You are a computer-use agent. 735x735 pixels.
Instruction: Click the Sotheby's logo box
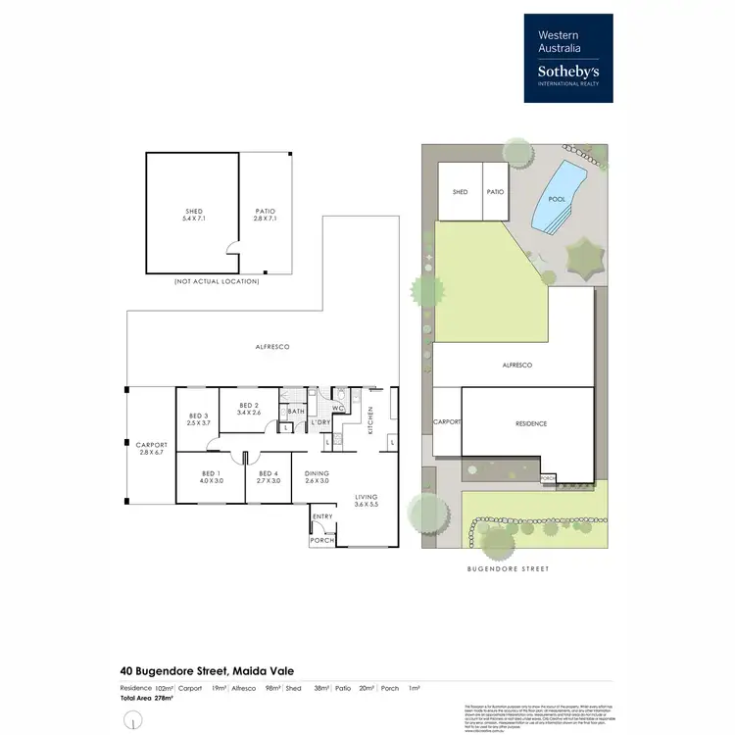[x=568, y=57]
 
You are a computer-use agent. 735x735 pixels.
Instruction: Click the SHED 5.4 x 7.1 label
[x=193, y=215]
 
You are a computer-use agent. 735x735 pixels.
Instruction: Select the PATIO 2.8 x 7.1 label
[x=265, y=215]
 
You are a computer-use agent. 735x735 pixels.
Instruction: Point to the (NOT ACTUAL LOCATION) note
[x=217, y=281]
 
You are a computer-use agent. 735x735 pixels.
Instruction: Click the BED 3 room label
[x=198, y=419]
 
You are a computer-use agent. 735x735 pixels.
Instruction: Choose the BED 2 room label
[x=248, y=409]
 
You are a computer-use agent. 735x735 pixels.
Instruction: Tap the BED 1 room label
[x=212, y=476]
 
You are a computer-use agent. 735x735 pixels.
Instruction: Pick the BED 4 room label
[x=269, y=476]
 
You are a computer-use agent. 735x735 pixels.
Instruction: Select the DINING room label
[x=318, y=476]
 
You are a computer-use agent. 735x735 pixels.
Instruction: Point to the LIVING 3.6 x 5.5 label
[x=366, y=501]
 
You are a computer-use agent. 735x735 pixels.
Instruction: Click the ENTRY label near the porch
[x=322, y=516]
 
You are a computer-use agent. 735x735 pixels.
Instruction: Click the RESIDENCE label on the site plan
[x=530, y=423]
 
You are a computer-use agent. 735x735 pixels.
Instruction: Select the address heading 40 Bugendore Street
[x=207, y=670]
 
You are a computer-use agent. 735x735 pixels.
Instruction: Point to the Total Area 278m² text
[x=146, y=698]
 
